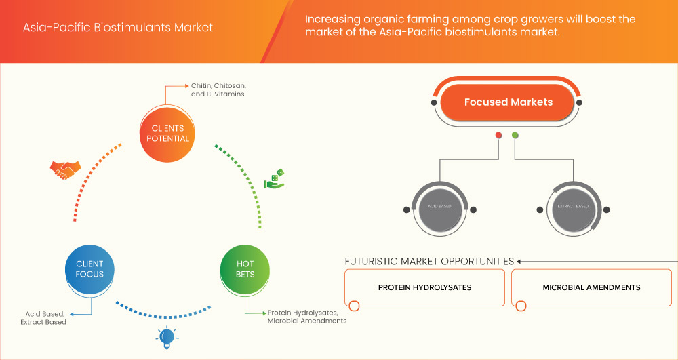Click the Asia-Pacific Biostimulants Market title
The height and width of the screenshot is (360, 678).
coord(117,28)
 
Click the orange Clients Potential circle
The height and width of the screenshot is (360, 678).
coord(167,134)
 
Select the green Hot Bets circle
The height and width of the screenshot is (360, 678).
coord(245,268)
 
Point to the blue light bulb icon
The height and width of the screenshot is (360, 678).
coord(165,337)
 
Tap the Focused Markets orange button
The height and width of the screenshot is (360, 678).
coord(508,102)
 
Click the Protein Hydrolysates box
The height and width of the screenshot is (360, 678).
coord(424,288)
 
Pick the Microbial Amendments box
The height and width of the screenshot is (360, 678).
coord(591,288)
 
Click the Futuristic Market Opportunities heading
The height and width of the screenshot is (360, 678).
coord(429,261)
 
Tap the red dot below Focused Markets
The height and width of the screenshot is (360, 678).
coord(499,135)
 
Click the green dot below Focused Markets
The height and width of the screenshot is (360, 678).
coord(515,135)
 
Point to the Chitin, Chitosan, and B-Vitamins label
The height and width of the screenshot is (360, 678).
coord(218,90)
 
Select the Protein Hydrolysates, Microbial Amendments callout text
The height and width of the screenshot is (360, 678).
coord(306,317)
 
